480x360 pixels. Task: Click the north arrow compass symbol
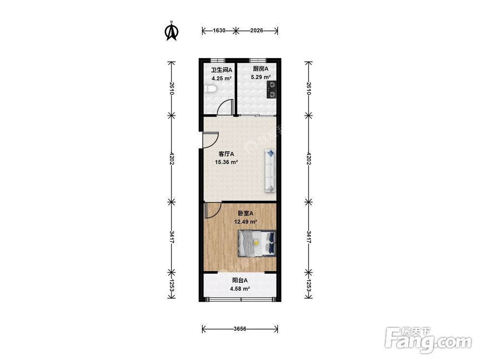coord(172,31)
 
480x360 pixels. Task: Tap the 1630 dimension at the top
coord(219,31)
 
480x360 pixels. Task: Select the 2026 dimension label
coord(256,31)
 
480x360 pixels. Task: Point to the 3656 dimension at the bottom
coord(240,329)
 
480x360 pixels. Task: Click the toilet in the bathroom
coord(210,89)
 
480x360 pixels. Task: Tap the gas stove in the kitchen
coord(272,90)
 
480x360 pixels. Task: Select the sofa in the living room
coord(270,171)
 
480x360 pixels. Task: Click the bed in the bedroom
coord(257,243)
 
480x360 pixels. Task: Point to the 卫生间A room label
coord(222,70)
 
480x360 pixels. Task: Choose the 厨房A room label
coord(261,69)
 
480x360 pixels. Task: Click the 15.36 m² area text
coord(227,162)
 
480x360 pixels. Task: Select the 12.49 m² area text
coord(245,222)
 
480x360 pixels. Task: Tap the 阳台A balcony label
coord(240,280)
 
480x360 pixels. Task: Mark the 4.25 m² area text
coord(221,78)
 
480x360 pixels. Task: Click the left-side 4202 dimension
coord(171,159)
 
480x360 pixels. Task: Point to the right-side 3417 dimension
coord(309,237)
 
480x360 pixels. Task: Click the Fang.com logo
coord(428,340)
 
